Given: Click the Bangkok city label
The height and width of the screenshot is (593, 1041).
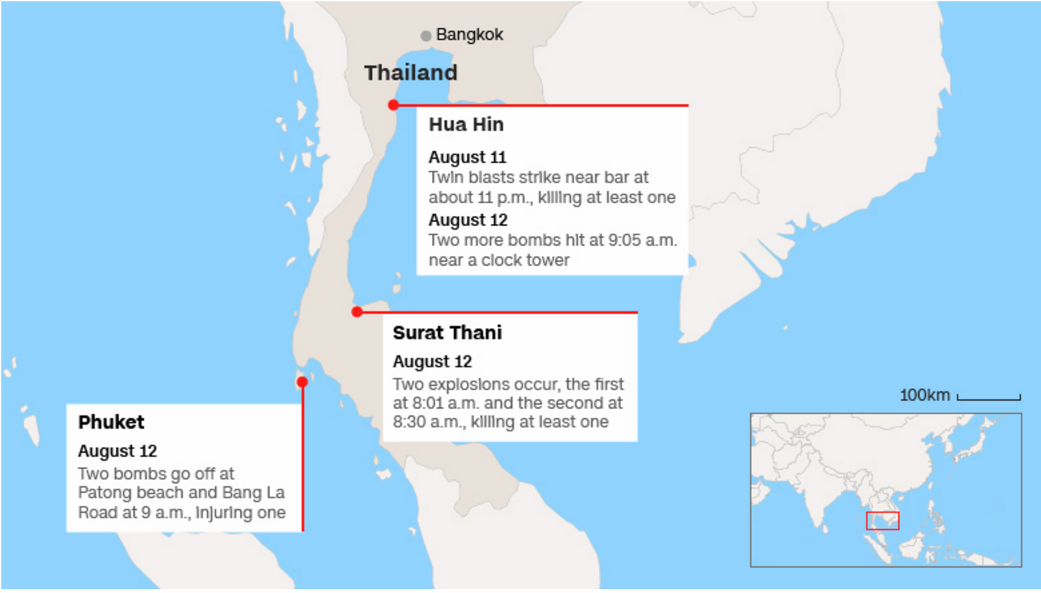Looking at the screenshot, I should pos(469,35).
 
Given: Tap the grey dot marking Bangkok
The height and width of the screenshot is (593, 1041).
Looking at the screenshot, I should pos(426,36).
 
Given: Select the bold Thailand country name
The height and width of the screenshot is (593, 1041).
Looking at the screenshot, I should pos(410,73).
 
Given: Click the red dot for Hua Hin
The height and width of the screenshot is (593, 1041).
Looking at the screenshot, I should pos(394,105).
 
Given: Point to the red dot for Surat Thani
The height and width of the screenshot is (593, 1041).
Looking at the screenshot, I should pos(357,312).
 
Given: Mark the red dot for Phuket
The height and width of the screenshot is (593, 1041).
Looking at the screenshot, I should pos(302,382).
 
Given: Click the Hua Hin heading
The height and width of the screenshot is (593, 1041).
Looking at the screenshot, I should pos(466,125).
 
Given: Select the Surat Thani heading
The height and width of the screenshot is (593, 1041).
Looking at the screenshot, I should pos(447,333).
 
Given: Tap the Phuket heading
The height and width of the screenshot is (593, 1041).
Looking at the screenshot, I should pos(111,422).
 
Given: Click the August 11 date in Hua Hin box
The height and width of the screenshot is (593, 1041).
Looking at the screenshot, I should pos(467,158).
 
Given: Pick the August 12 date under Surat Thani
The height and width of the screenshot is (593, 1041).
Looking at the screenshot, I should pos(432,362).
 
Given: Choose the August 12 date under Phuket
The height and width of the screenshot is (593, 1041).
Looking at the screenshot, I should pos(117,451).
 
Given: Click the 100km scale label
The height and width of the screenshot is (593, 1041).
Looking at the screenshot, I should pos(924,395).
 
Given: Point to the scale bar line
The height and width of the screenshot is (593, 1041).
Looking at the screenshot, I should pos(989,399).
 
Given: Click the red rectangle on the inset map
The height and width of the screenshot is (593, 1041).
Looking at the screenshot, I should pos(882,521).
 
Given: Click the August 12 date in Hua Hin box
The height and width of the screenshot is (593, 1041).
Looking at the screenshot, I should pos(468,220).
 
